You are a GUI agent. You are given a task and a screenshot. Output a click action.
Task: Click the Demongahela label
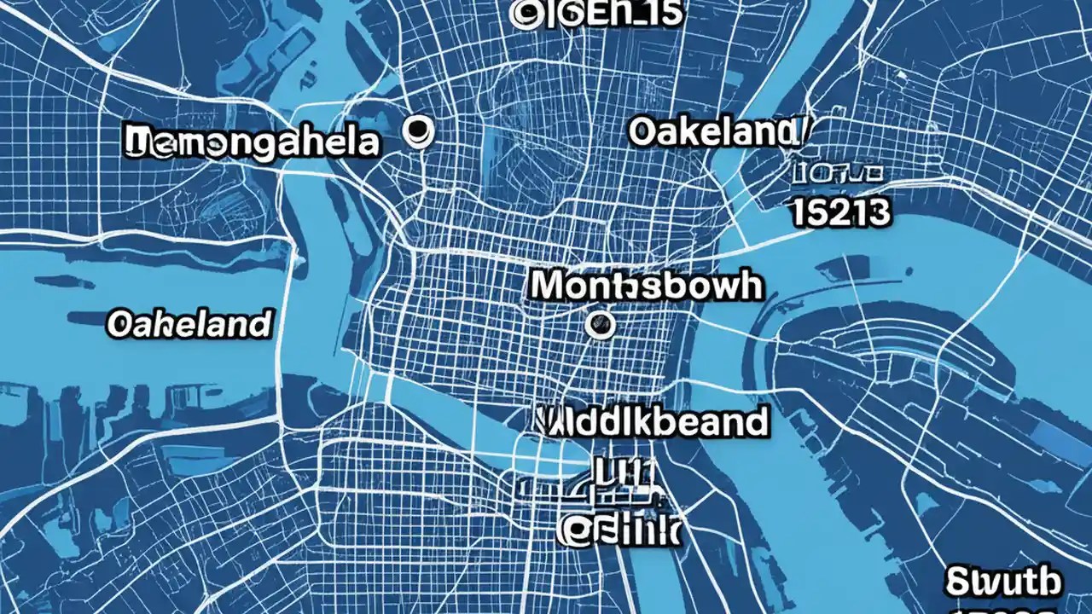(252, 142)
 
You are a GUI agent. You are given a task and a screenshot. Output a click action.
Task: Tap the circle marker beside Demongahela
(418, 130)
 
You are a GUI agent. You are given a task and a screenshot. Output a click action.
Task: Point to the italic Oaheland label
(189, 323)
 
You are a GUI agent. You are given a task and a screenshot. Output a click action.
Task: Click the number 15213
(841, 213)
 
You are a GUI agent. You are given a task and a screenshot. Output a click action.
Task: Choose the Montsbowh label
(646, 286)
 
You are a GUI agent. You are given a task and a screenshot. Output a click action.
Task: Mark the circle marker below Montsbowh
(601, 323)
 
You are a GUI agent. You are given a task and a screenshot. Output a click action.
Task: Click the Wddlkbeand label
(653, 421)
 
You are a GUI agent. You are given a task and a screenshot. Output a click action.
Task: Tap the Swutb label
(1004, 582)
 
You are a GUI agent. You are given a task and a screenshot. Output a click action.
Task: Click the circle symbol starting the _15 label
(524, 14)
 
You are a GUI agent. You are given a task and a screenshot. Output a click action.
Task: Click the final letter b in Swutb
(1050, 582)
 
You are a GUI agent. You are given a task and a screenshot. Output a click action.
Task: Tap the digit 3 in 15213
(879, 213)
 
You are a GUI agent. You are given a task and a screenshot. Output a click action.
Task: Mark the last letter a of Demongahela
(365, 142)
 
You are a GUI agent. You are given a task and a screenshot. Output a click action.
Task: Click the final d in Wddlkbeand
(755, 421)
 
